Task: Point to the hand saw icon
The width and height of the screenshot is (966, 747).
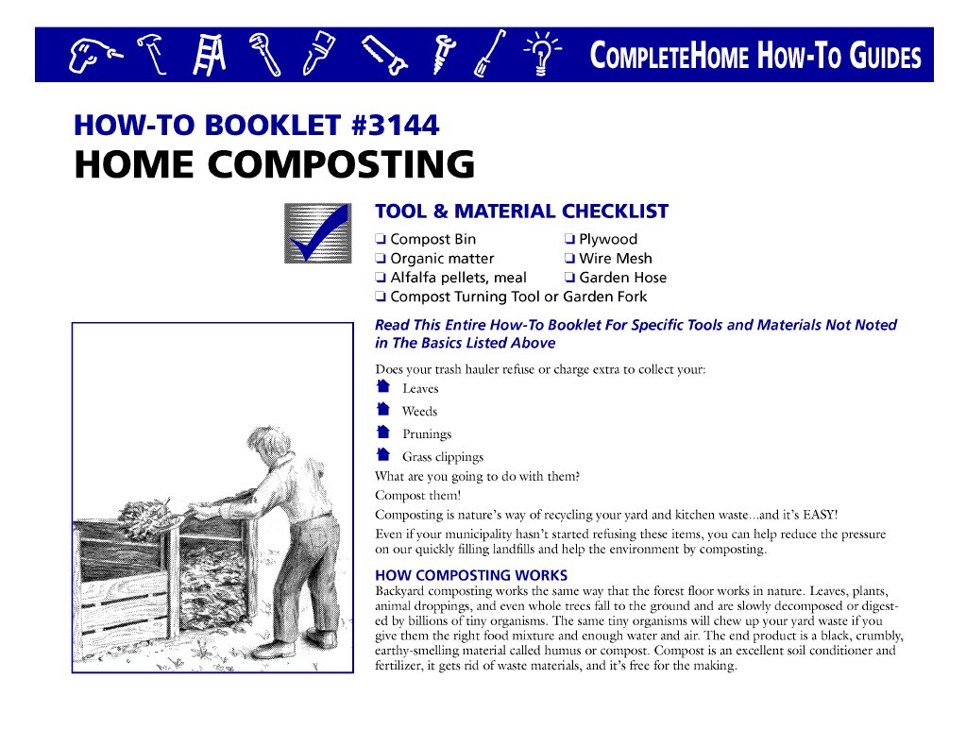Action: click(x=385, y=55)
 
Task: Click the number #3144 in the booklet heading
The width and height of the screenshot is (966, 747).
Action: click(x=394, y=125)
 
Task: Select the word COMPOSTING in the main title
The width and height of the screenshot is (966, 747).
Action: click(x=342, y=165)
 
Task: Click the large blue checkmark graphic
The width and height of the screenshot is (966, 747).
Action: click(x=317, y=233)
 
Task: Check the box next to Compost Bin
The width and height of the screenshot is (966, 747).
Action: click(x=380, y=240)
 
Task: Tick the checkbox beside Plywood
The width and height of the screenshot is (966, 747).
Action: click(x=569, y=240)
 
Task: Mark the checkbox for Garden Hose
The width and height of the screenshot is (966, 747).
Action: click(x=569, y=278)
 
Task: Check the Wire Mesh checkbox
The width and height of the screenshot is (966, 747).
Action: click(x=569, y=259)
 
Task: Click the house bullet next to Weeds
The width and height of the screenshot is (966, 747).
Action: click(x=382, y=410)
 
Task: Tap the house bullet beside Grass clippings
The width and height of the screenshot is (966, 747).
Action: click(x=382, y=455)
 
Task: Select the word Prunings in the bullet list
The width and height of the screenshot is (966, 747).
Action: click(x=427, y=434)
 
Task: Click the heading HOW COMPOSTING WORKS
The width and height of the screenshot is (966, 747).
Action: click(x=471, y=575)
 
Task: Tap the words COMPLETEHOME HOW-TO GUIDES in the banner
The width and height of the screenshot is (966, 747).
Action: click(x=754, y=56)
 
